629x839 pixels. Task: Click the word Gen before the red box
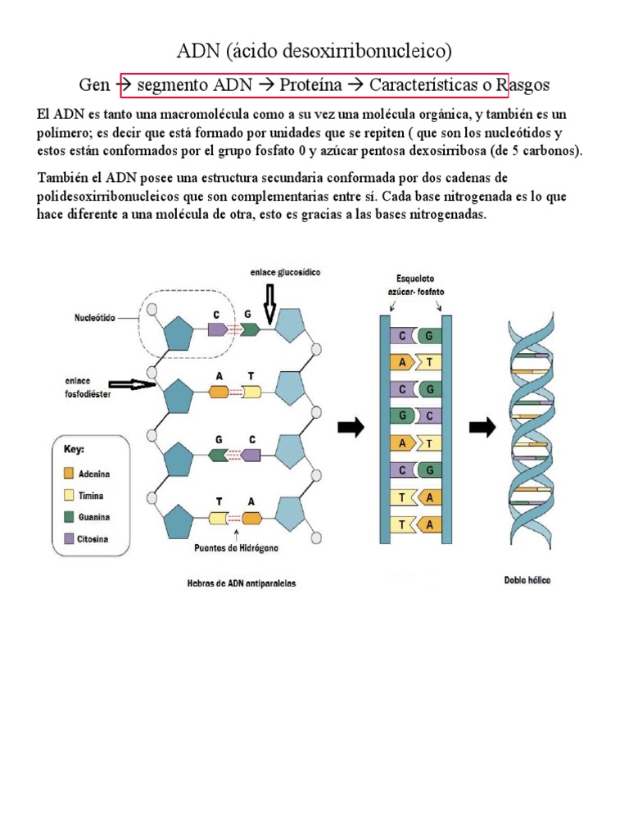pyautogui.click(x=93, y=84)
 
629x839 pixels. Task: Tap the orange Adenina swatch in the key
pyautogui.click(x=69, y=474)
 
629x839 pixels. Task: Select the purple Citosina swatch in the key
pyautogui.click(x=69, y=539)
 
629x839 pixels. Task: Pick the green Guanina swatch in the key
pyautogui.click(x=69, y=517)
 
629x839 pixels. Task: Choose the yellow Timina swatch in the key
pyautogui.click(x=69, y=496)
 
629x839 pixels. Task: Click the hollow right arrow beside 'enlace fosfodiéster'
pyautogui.click(x=131, y=383)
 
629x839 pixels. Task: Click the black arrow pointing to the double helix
pyautogui.click(x=482, y=427)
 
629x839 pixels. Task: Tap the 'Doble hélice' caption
pyautogui.click(x=527, y=580)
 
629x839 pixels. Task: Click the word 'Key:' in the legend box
pyautogui.click(x=75, y=449)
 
